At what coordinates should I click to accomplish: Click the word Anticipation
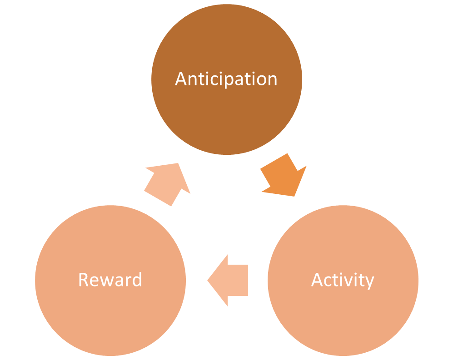[x=226, y=79]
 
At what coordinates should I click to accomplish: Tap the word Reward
[x=110, y=280]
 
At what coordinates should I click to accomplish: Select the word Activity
[x=343, y=280]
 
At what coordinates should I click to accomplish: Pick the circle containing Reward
[x=110, y=313]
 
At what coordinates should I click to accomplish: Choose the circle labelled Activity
[x=343, y=313]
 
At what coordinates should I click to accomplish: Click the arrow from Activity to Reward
[x=230, y=280]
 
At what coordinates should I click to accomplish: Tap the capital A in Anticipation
[x=181, y=79]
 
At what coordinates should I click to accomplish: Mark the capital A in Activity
[x=317, y=280]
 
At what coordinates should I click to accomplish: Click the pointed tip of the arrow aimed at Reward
[x=209, y=280]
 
